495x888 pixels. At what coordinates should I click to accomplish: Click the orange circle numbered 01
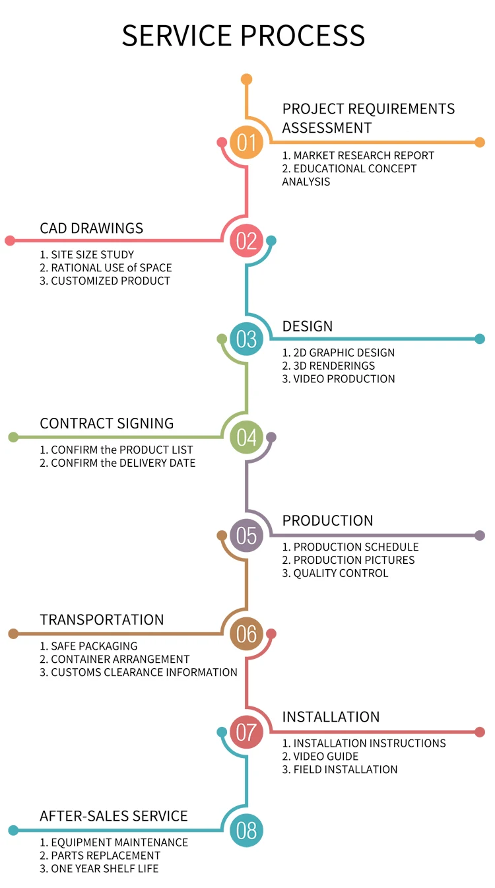tap(246, 143)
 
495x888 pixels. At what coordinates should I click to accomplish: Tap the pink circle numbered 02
tap(246, 241)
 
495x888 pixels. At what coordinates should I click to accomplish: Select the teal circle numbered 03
tap(246, 339)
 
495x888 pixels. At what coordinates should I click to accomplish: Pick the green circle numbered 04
tap(246, 437)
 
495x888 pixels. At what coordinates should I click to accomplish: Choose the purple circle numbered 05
tap(246, 535)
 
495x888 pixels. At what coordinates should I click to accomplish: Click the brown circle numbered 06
tap(246, 634)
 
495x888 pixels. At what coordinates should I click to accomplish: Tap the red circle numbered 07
tap(246, 732)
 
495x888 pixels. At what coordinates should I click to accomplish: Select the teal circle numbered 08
tap(246, 830)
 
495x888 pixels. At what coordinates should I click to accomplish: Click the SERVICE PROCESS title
tap(244, 35)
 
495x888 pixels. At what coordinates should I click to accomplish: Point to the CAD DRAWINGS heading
tap(92, 228)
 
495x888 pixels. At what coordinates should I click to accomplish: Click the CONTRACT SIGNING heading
tap(107, 424)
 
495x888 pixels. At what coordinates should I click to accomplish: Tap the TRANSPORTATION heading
tap(102, 620)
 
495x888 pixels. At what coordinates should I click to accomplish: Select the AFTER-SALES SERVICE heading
tap(114, 816)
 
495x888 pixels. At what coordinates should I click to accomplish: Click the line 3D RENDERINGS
tap(329, 366)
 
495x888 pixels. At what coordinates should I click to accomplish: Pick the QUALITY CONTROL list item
tap(335, 573)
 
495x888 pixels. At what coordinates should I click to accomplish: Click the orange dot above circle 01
tap(246, 79)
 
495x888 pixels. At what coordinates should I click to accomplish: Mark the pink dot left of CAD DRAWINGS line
tap(10, 241)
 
